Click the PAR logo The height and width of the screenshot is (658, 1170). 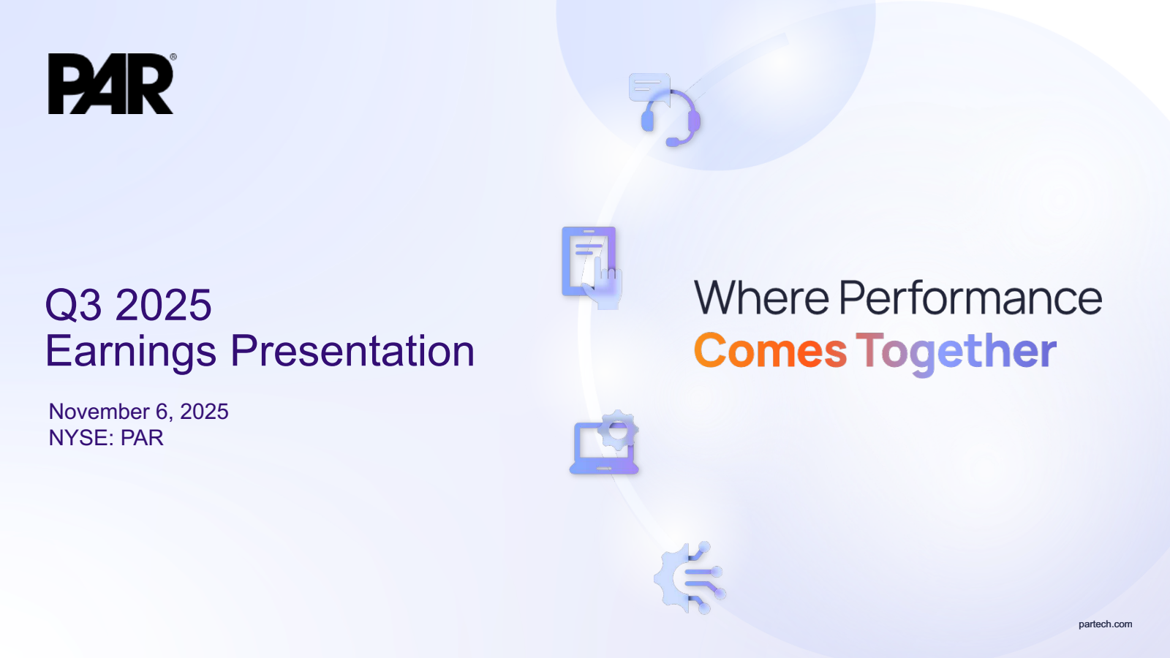click(x=110, y=83)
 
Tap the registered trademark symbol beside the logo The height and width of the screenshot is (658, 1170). click(x=173, y=57)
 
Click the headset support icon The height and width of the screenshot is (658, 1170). click(x=671, y=118)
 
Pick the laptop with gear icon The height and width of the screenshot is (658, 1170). click(x=604, y=442)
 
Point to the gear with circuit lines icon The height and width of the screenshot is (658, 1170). click(x=690, y=578)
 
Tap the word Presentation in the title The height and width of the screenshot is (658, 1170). click(x=352, y=351)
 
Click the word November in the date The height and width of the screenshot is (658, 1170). click(x=99, y=412)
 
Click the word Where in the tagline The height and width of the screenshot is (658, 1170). click(x=761, y=298)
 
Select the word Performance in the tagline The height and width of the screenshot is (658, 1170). click(x=971, y=298)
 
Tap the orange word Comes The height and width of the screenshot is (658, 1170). click(x=771, y=350)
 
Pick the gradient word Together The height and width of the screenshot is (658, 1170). click(x=956, y=353)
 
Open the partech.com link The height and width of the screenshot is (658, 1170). click(x=1105, y=624)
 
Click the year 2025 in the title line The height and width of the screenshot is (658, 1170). click(x=164, y=305)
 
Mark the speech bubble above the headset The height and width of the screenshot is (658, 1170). click(x=649, y=87)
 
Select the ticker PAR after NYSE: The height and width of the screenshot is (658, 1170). click(x=142, y=438)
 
